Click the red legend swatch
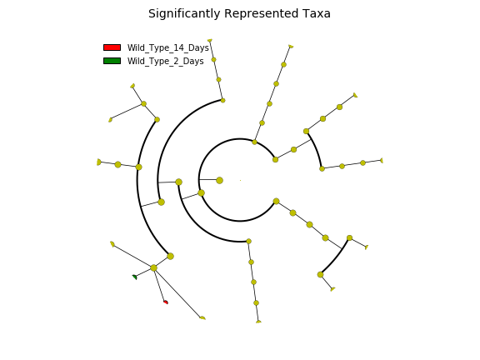tap(112, 47)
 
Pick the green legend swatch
tap(112, 61)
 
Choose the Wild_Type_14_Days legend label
tap(168, 48)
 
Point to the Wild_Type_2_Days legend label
tap(166, 62)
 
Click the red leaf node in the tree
tap(166, 302)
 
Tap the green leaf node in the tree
tap(134, 277)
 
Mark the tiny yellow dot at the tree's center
tap(240, 180)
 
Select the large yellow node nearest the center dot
tap(219, 180)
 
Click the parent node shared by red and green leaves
tap(153, 267)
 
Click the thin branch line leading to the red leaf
tap(159, 285)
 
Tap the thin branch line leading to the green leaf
tap(144, 272)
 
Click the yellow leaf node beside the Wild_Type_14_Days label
tap(210, 40)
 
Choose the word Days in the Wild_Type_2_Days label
tap(193, 62)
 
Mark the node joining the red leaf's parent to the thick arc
tap(171, 256)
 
